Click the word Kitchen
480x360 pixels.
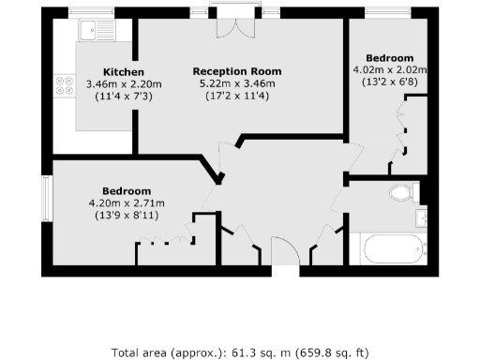(x=123, y=72)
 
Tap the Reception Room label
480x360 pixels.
(x=236, y=71)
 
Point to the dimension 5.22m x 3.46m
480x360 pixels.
(x=236, y=83)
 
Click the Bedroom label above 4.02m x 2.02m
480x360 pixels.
(x=389, y=58)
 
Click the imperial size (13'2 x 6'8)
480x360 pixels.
(x=389, y=82)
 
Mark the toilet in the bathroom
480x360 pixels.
(x=401, y=194)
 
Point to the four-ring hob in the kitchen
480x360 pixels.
(x=66, y=86)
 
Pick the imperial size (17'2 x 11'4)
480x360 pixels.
(x=236, y=96)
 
